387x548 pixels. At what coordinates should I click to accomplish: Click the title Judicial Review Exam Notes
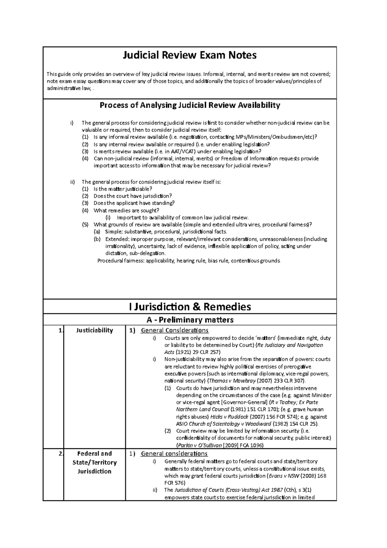[190, 56]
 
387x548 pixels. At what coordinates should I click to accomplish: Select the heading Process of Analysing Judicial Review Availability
[190, 105]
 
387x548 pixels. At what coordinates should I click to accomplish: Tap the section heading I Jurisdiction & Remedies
[190, 307]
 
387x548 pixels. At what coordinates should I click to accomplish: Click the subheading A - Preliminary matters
[190, 320]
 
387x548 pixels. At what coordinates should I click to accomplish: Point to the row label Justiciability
[94, 330]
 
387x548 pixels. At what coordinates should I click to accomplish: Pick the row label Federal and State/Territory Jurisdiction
[94, 462]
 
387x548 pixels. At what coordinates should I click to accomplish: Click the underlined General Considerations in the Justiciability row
[174, 330]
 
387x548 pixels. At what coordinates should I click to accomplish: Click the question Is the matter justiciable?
[123, 189]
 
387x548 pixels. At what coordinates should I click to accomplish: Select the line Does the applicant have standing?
[134, 203]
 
